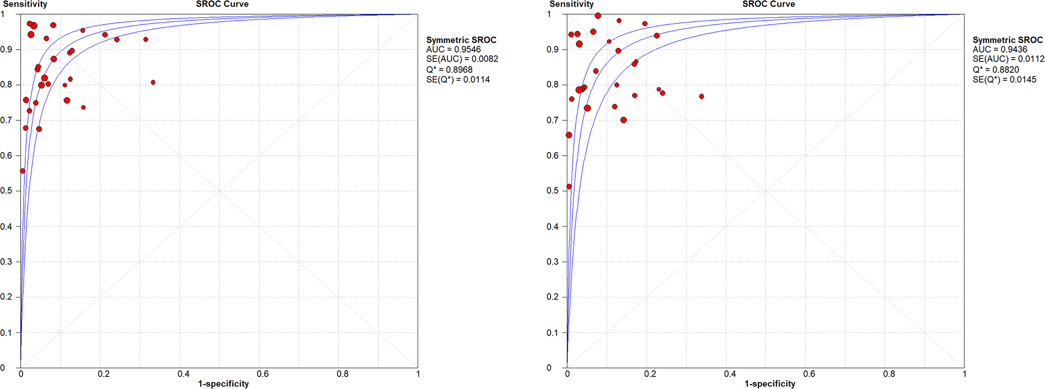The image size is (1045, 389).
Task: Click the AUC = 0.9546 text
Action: [453, 50]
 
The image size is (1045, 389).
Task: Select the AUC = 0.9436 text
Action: [999, 50]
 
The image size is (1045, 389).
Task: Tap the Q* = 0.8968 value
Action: [449, 70]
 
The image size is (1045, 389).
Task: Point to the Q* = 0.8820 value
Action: [995, 70]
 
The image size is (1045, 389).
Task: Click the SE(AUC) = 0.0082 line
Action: [462, 59]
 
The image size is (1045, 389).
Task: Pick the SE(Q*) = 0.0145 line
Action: [1004, 80]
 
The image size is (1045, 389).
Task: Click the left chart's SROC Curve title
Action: [222, 4]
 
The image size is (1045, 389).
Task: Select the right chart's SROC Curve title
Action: [768, 4]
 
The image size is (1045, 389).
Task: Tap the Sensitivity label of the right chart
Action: [571, 4]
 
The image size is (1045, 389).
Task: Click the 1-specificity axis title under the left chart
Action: [223, 384]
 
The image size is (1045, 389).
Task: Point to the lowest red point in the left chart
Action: [22, 171]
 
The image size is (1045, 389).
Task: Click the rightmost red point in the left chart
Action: [153, 82]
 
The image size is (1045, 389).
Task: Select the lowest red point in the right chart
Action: [569, 186]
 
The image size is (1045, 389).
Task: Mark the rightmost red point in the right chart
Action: [701, 96]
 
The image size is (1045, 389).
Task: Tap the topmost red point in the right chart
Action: [598, 16]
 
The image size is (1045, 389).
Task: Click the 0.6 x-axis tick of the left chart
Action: [262, 374]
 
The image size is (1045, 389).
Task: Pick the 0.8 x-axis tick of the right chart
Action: [889, 374]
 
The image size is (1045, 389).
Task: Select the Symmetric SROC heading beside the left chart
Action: [461, 40]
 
